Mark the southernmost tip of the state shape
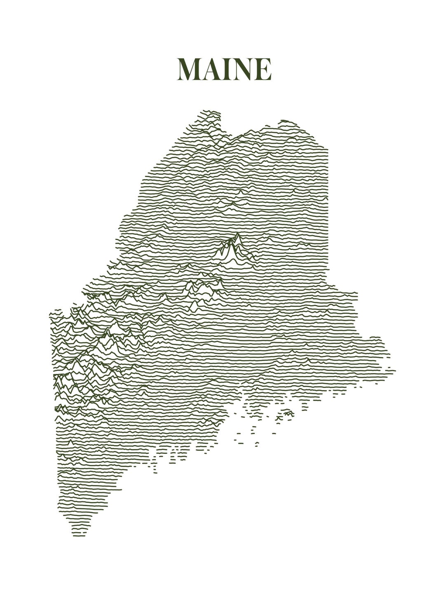[79, 535]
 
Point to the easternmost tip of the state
[395, 371]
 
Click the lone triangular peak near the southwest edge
[70, 441]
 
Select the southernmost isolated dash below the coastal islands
[257, 445]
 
